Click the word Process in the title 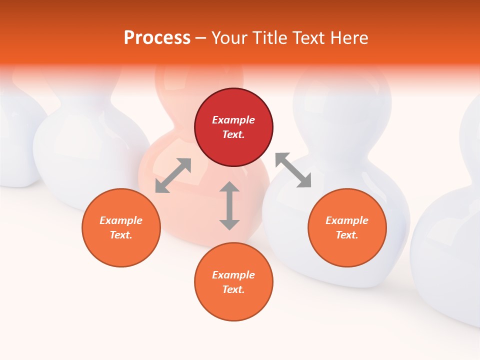click(157, 38)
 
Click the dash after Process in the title click(201, 38)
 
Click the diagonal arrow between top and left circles click(173, 175)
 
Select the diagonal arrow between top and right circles click(293, 170)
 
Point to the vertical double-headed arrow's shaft click(229, 205)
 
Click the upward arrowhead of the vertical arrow click(229, 187)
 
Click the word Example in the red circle click(233, 120)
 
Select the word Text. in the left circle click(121, 235)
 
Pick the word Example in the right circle click(347, 220)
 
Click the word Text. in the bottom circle click(233, 289)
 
